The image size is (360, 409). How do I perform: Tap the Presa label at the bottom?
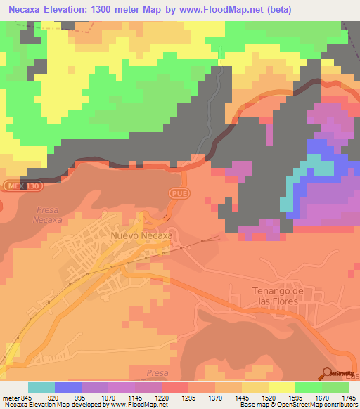click(158, 373)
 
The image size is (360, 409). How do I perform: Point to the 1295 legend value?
click(188, 396)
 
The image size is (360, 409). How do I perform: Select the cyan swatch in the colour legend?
click(41, 387)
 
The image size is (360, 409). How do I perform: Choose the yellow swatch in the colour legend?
click(281, 387)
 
